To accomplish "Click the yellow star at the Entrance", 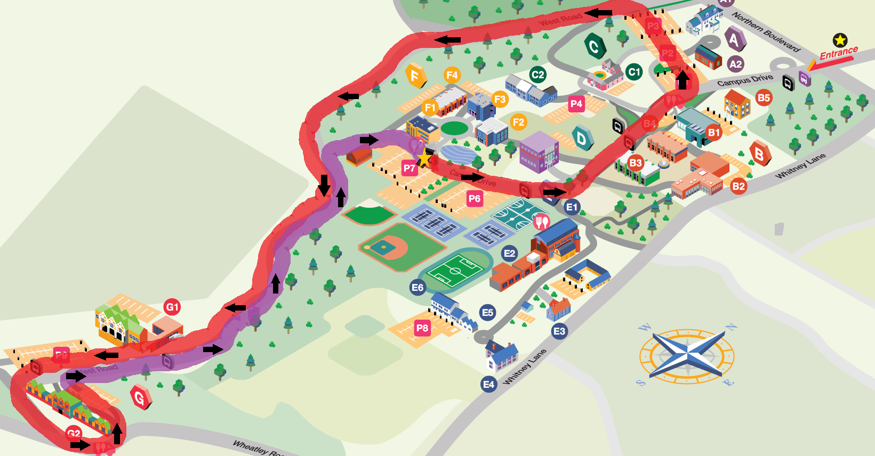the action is coord(840,40).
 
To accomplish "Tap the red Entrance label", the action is coord(838,53).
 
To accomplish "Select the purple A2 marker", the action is coord(735,64).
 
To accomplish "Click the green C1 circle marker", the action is coord(633,72).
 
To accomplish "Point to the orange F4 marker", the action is coord(452,75).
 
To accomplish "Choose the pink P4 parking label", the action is coord(576,104).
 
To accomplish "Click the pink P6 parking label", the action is coord(474,199).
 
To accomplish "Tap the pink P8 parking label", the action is coord(422,328).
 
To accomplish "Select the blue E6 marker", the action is coord(417,288).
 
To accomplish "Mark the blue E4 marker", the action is coord(488,384).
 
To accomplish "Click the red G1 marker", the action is coord(172,307).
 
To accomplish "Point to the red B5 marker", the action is coord(764,98).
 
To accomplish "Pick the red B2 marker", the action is coord(738,186).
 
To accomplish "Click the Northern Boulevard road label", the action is coord(766,32).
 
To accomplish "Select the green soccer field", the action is coord(455,271).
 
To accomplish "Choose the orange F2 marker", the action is coord(518,122).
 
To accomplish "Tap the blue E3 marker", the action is coord(559,331).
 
